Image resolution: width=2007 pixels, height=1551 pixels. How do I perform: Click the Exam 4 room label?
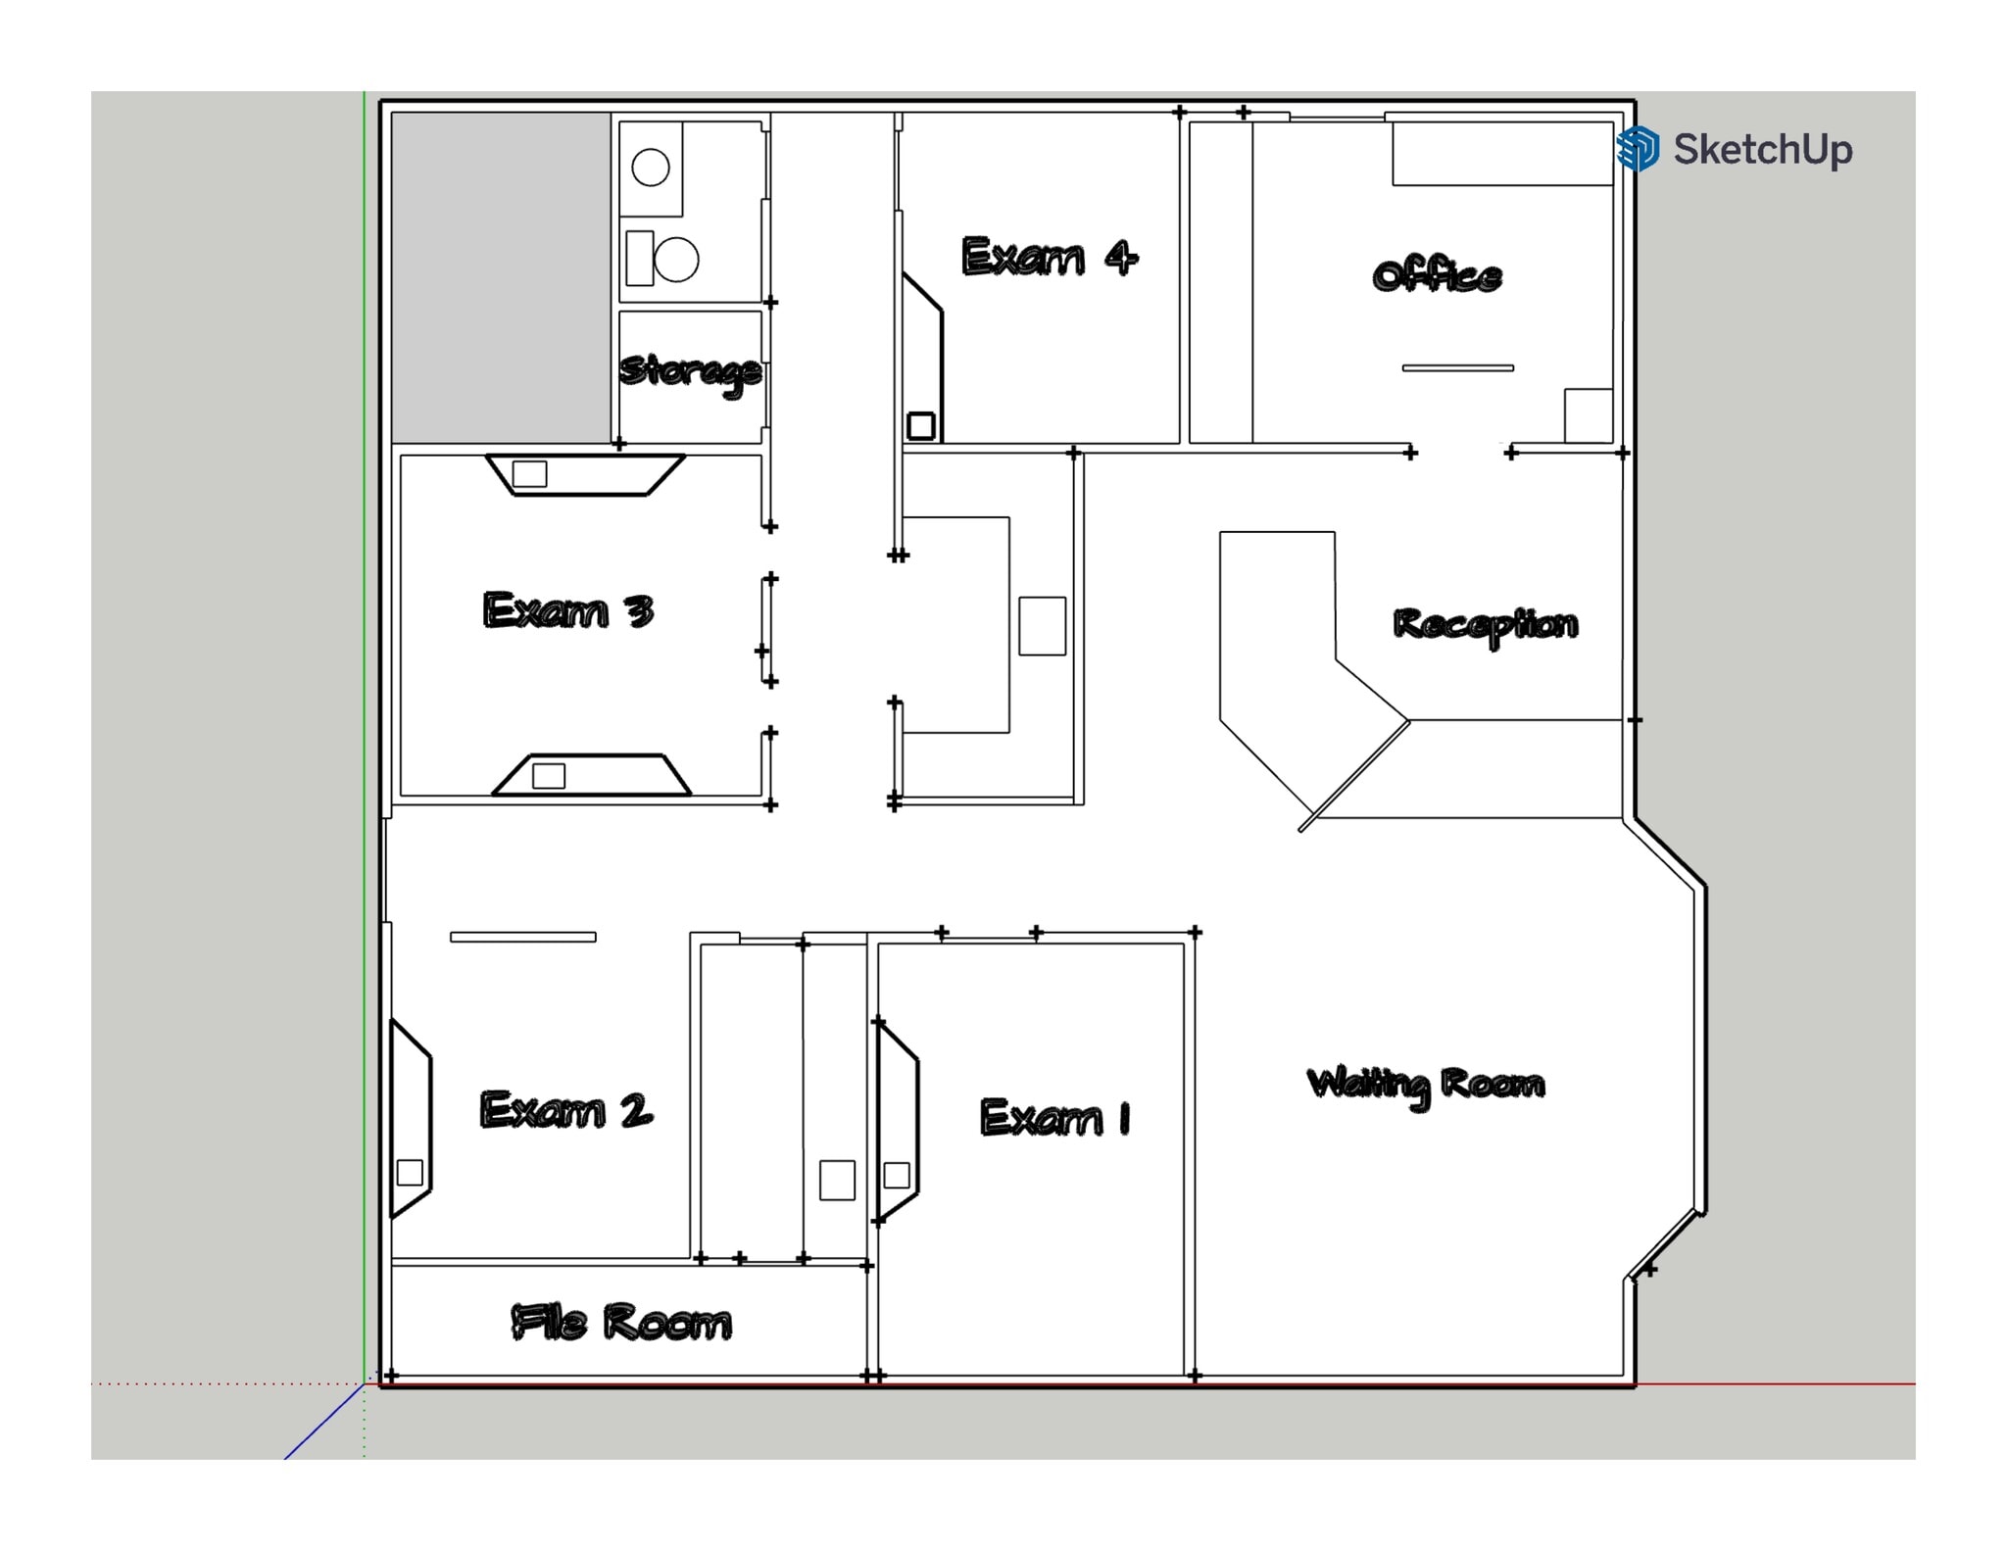coord(1049,257)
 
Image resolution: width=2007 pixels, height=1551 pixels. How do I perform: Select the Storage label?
coord(690,370)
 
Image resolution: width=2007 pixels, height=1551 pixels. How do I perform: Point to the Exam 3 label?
coord(567,610)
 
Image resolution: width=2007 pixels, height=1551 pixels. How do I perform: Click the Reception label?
coord(1485,624)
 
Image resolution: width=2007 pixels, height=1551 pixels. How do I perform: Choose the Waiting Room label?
coord(1426,1084)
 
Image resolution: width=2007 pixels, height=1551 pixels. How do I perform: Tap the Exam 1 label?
coord(1054,1117)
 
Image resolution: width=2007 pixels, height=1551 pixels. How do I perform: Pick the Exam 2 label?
coord(565,1110)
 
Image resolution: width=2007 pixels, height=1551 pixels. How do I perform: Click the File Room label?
coord(621,1322)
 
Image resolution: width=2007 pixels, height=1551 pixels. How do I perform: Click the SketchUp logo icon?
coord(1638,149)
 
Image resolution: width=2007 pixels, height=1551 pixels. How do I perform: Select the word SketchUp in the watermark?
coord(1762,149)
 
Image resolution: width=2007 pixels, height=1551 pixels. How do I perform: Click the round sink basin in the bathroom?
coord(651,168)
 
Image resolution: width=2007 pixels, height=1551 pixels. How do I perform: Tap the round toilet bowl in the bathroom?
coord(676,260)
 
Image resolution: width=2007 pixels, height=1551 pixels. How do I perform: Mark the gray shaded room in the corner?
coord(501,277)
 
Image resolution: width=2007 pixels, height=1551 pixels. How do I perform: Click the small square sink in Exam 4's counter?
coord(921,426)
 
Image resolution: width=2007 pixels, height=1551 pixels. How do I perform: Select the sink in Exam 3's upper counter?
coord(530,474)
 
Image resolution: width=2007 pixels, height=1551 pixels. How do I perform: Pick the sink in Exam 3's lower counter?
coord(549,776)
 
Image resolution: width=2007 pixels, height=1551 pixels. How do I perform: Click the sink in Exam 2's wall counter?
coord(410,1173)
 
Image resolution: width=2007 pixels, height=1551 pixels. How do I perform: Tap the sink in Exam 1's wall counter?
coord(897,1175)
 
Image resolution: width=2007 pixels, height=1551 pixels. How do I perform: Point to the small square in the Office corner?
coord(1588,415)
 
